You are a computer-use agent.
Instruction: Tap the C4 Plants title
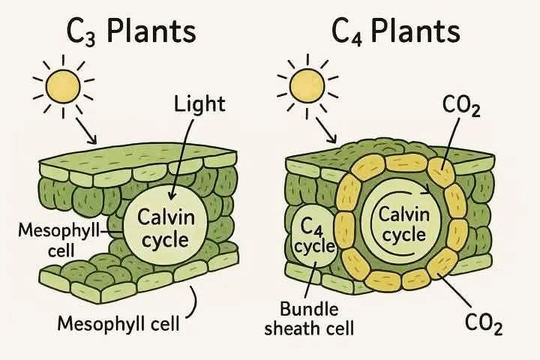tap(396, 31)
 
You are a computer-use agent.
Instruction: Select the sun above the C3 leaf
tap(63, 87)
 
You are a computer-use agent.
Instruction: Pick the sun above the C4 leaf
tap(307, 86)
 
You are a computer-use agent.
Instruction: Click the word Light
tap(199, 104)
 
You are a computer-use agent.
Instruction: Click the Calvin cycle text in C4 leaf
tap(404, 224)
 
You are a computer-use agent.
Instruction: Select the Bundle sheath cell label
tap(309, 319)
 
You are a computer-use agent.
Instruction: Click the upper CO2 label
tap(461, 106)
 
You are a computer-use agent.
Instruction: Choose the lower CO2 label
tap(483, 324)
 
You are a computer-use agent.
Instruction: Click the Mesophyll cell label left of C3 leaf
tap(60, 239)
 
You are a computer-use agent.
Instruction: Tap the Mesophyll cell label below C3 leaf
tap(118, 323)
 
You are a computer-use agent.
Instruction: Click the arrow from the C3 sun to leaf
tap(86, 131)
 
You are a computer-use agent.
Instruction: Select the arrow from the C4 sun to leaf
tap(325, 130)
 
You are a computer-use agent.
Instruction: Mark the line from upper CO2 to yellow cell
tap(450, 143)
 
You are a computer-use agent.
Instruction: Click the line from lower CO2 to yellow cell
tap(454, 289)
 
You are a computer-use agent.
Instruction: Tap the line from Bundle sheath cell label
tap(310, 280)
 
